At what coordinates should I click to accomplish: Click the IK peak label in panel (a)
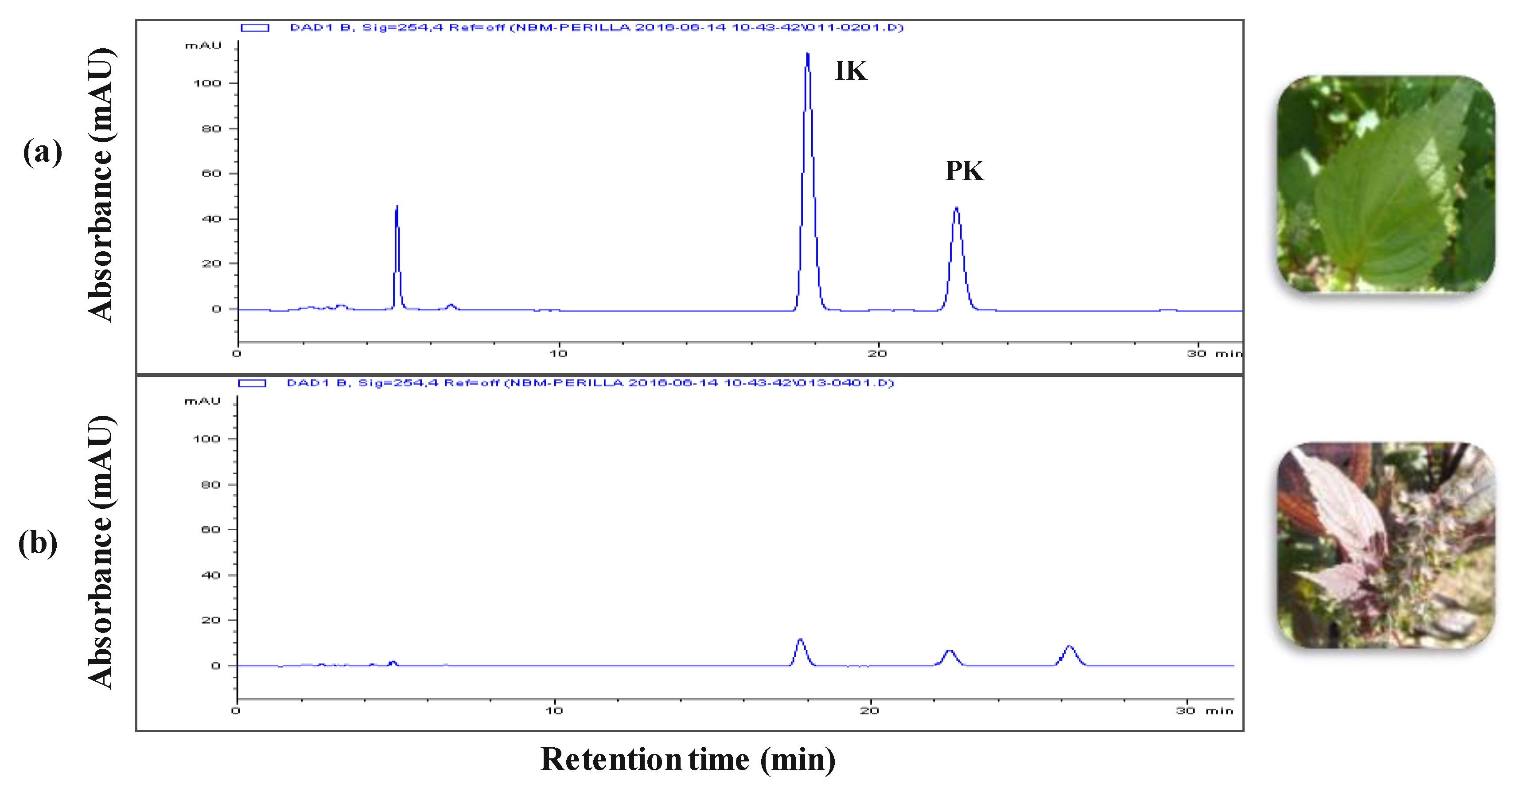pyautogui.click(x=850, y=70)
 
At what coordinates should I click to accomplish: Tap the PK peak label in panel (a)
pyautogui.click(x=964, y=171)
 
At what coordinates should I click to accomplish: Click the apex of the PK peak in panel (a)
pyautogui.click(x=957, y=208)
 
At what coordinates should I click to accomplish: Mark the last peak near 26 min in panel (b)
pyautogui.click(x=1070, y=647)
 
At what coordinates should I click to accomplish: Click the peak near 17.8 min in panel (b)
pyautogui.click(x=800, y=640)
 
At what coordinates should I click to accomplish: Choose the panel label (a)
pyautogui.click(x=43, y=152)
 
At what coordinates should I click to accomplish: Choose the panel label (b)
pyautogui.click(x=38, y=542)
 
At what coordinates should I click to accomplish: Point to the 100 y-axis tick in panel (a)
pyautogui.click(x=207, y=83)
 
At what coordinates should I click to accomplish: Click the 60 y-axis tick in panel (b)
pyautogui.click(x=211, y=530)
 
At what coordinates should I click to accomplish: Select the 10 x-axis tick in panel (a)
pyautogui.click(x=559, y=353)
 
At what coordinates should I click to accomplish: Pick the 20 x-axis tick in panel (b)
pyautogui.click(x=870, y=711)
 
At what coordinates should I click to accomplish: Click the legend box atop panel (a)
pyautogui.click(x=255, y=27)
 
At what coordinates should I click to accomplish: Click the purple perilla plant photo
pyautogui.click(x=1386, y=546)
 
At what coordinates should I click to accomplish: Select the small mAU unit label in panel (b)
pyautogui.click(x=203, y=402)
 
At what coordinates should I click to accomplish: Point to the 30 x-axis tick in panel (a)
pyautogui.click(x=1197, y=353)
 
